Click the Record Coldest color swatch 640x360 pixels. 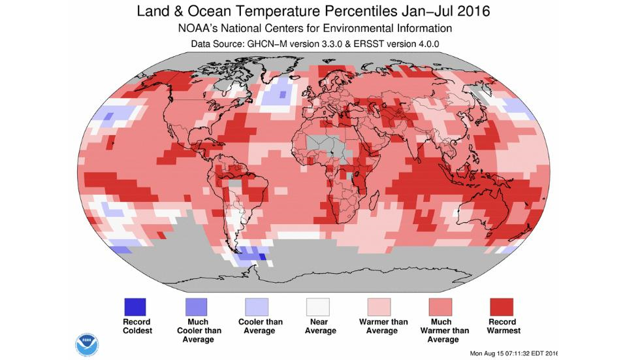(135, 306)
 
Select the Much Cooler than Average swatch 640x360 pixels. (196, 306)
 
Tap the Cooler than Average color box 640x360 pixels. (257, 306)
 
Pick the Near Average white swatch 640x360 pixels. (318, 306)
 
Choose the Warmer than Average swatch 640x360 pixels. (379, 306)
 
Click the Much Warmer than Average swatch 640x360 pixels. (440, 306)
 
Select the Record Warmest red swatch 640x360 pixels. (502, 306)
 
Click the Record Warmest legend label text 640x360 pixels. (502, 326)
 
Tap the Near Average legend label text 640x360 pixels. (318, 326)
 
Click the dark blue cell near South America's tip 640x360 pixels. (263, 257)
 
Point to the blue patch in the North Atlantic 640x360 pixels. (278, 95)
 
